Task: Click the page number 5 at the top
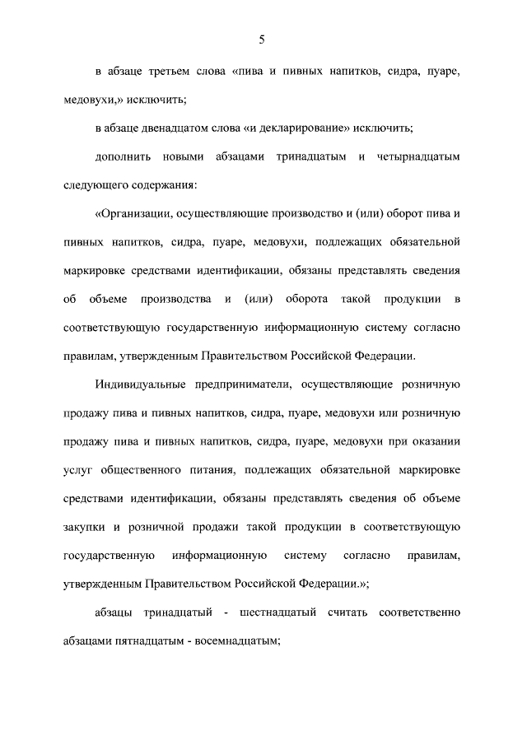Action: pos(262,40)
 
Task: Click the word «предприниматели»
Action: pos(242,384)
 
